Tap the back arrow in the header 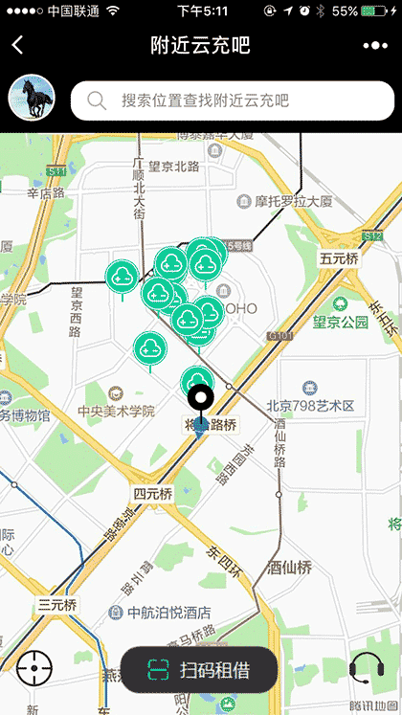[17, 45]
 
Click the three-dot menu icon [374, 45]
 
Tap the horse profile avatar [32, 99]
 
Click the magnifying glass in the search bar [96, 101]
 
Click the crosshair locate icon [33, 667]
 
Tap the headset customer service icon [367, 666]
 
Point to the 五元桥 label [339, 258]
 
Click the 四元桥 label [153, 494]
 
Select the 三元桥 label [57, 604]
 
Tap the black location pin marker [199, 401]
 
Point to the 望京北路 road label [173, 167]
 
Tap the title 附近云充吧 [201, 45]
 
